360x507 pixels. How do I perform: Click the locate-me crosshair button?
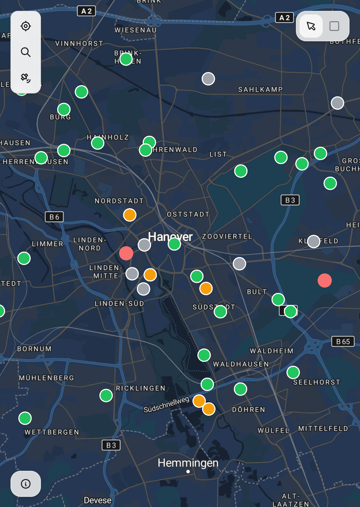click(26, 26)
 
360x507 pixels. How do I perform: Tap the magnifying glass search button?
click(26, 52)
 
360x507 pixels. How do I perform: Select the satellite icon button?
click(26, 78)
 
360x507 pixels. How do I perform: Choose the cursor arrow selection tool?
click(311, 26)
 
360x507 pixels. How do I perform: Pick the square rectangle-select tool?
click(334, 26)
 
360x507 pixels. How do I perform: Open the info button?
click(26, 484)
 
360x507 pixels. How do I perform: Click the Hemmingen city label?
click(188, 463)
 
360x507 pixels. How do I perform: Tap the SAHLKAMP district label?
click(260, 89)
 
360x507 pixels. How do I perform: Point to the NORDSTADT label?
click(119, 201)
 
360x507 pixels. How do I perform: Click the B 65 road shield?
click(343, 342)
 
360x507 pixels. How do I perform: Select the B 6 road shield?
click(54, 217)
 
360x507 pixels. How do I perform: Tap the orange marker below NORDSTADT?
click(130, 215)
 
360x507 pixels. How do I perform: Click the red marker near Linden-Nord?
click(126, 253)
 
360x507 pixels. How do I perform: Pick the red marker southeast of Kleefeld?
click(325, 280)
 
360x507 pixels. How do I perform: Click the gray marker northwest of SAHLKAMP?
click(208, 79)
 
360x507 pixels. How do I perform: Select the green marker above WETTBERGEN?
click(25, 418)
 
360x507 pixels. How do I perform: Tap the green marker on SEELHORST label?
click(293, 372)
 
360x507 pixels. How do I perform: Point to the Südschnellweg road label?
click(166, 405)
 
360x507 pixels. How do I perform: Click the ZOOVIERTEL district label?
click(227, 236)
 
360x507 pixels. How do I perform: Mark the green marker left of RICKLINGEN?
click(106, 395)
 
